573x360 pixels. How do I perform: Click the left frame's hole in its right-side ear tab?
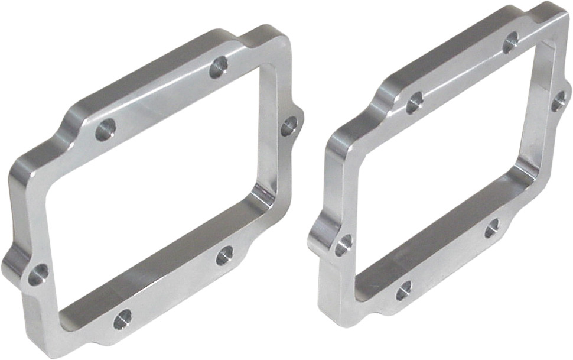[x=288, y=126]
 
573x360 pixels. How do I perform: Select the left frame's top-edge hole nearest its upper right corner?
[x=219, y=67]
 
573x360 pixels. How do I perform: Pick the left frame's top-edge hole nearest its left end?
[x=105, y=129]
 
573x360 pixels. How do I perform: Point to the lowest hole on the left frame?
[x=122, y=320]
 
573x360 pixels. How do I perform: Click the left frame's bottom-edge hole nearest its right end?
[x=224, y=255]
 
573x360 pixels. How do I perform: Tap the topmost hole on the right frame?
[x=510, y=42]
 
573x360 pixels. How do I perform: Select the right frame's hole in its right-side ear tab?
[x=559, y=101]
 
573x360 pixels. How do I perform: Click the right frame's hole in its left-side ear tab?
[x=343, y=245]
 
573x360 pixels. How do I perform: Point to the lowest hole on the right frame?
[x=403, y=290]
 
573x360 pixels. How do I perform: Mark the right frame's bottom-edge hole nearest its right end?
[x=491, y=228]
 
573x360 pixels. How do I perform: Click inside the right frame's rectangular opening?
[x=449, y=166]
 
